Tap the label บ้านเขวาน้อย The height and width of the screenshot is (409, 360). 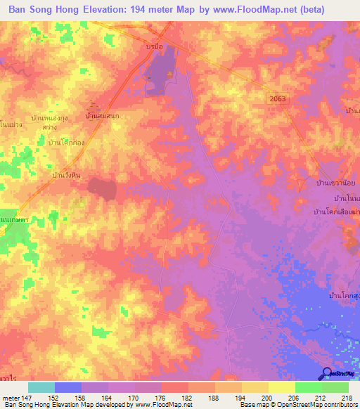tap(337, 184)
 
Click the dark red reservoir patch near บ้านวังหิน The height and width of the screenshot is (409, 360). tap(102, 188)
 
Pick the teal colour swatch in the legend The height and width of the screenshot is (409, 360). tap(41, 387)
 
